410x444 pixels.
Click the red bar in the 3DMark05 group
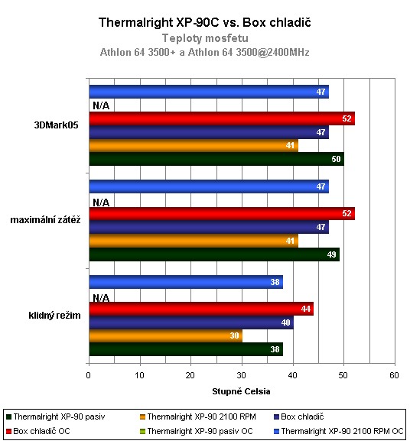[222, 118]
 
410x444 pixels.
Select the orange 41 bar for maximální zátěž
[194, 240]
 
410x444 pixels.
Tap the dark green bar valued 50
[216, 159]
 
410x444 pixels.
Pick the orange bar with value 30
[165, 335]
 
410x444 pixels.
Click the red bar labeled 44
[201, 309]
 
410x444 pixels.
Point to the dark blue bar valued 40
[191, 322]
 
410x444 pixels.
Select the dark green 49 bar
[214, 254]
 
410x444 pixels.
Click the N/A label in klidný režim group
[101, 297]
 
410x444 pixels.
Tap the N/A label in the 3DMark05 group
[101, 106]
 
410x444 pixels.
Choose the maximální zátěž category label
[45, 220]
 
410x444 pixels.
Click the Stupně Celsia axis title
[241, 391]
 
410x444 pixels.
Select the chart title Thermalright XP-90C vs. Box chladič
[205, 23]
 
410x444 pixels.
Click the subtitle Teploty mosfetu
[205, 37]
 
